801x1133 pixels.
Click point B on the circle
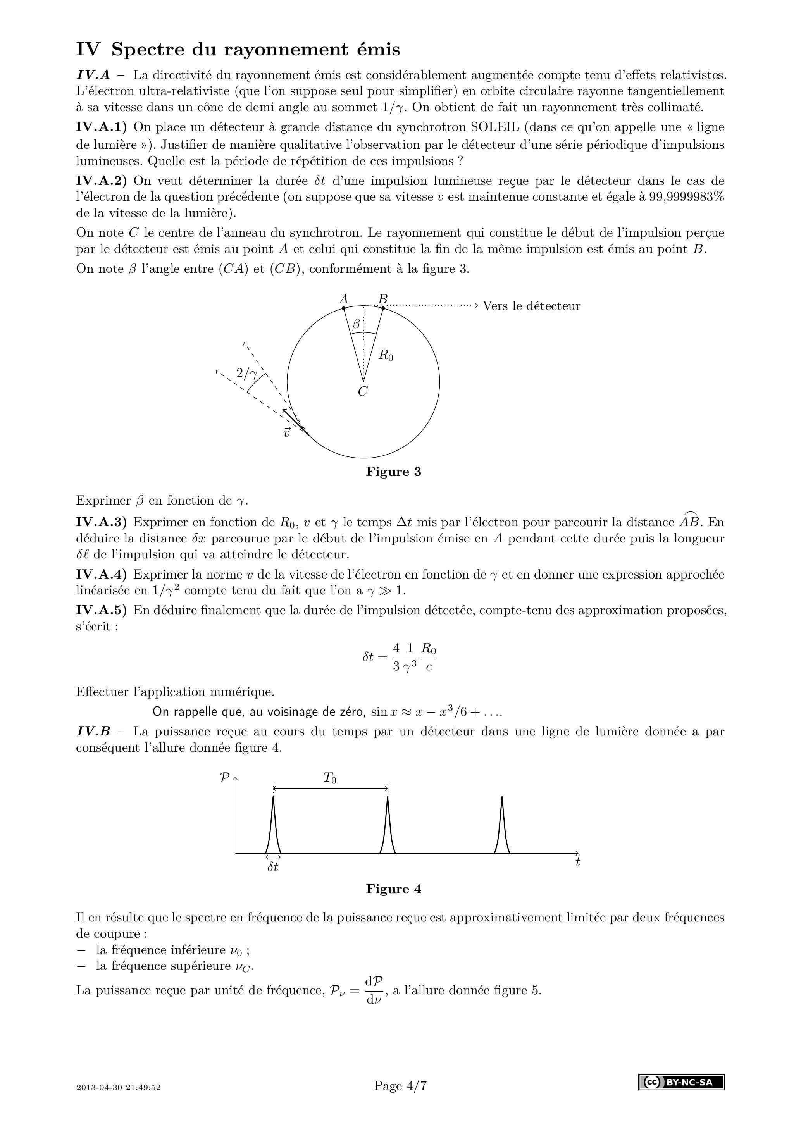[383, 308]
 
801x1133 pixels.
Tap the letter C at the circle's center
[363, 392]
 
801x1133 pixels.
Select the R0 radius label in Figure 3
[386, 355]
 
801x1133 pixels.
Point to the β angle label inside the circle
[356, 325]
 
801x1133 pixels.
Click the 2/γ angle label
[247, 373]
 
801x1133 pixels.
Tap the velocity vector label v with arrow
[287, 433]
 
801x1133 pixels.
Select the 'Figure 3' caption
[393, 472]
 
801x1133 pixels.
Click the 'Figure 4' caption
[393, 889]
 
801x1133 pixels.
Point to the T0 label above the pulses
[330, 778]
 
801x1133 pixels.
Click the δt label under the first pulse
[273, 867]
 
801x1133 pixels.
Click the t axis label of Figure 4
[577, 862]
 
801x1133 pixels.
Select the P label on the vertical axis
[224, 778]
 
